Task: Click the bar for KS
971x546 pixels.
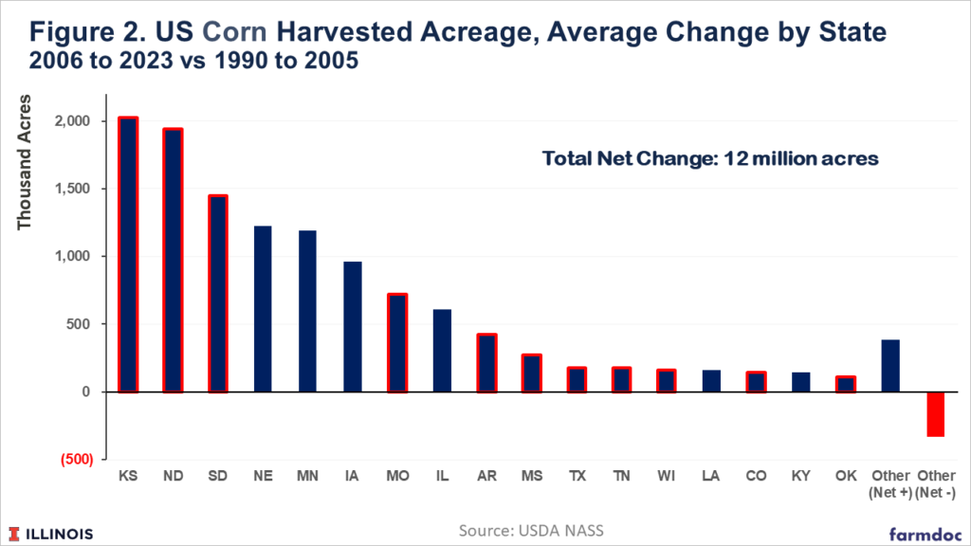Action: pos(128,255)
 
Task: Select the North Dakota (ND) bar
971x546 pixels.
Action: pos(172,261)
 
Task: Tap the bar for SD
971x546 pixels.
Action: pos(217,294)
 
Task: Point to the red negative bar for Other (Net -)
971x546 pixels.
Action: pos(936,414)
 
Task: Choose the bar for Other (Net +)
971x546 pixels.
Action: pos(891,366)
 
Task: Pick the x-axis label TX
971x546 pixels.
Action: pos(577,474)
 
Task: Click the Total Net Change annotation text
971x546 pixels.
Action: pos(710,159)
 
